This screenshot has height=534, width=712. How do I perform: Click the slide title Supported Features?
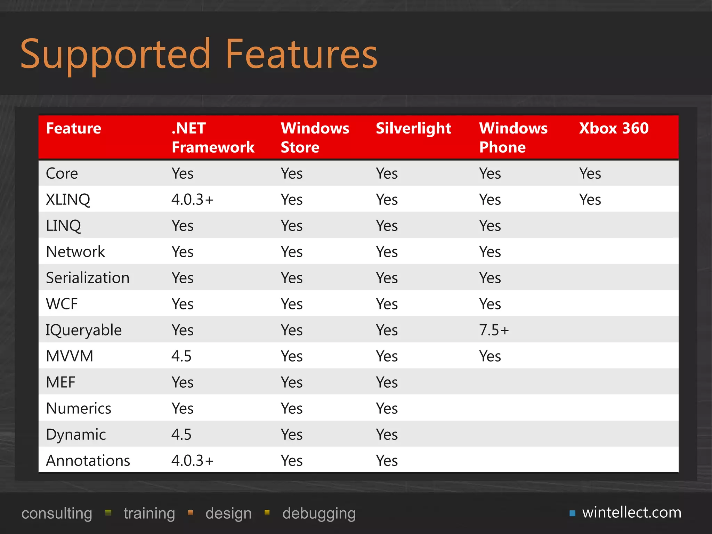[199, 54]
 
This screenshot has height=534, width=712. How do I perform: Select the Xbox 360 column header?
[614, 128]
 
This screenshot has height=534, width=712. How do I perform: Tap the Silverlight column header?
[413, 128]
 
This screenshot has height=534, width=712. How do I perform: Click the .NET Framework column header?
[213, 138]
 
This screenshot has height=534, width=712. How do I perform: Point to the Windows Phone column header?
[513, 138]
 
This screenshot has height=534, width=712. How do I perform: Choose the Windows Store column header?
[315, 138]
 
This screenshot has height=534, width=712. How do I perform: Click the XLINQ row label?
[68, 200]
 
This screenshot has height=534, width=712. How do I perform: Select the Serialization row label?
[88, 278]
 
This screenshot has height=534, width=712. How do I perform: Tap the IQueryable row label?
[84, 330]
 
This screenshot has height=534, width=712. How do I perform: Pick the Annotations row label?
[88, 460]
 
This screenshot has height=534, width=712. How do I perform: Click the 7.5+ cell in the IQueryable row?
[494, 330]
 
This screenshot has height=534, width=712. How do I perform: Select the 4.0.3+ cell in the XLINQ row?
[192, 200]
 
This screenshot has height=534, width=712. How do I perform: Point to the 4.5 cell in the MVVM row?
[181, 356]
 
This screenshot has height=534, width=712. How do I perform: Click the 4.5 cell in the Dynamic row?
[181, 434]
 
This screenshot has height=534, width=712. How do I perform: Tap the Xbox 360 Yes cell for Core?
[590, 173]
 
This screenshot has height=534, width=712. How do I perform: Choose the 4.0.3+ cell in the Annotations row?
[192, 460]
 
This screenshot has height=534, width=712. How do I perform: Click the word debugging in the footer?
[319, 513]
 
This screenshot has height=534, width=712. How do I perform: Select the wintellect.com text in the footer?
[632, 512]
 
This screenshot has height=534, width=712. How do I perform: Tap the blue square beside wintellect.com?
[572, 513]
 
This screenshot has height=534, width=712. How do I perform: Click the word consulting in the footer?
[57, 513]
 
